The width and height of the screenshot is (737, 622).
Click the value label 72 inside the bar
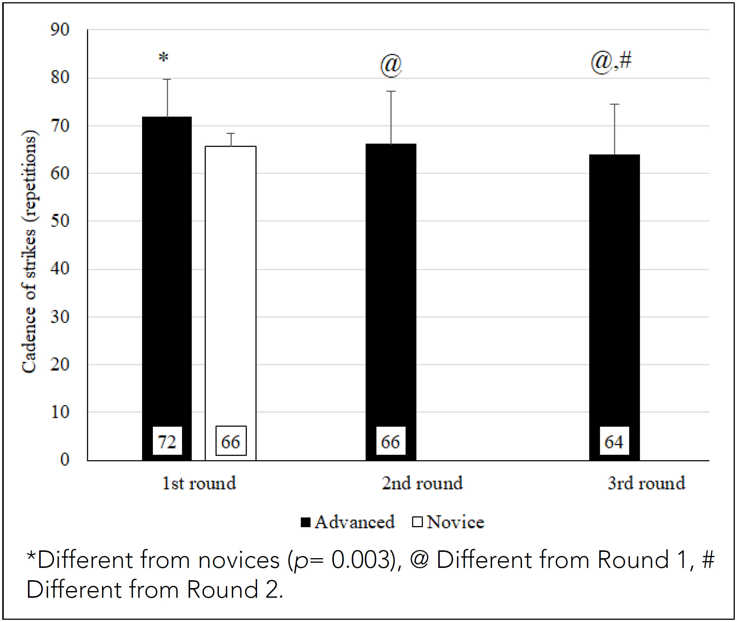click(167, 441)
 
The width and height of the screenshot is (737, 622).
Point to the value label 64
click(614, 441)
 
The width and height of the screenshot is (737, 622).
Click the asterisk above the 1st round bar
click(163, 58)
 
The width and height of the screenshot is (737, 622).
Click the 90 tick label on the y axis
click(60, 30)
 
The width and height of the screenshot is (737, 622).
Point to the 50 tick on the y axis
click(60, 221)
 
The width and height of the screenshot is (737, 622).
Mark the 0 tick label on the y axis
click(65, 460)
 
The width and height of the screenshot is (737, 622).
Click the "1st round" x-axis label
click(199, 483)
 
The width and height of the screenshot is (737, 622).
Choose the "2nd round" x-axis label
click(422, 483)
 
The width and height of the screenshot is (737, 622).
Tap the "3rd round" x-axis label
click(646, 483)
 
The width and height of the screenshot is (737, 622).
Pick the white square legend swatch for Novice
click(417, 522)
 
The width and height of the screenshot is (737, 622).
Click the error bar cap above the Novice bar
click(231, 133)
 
